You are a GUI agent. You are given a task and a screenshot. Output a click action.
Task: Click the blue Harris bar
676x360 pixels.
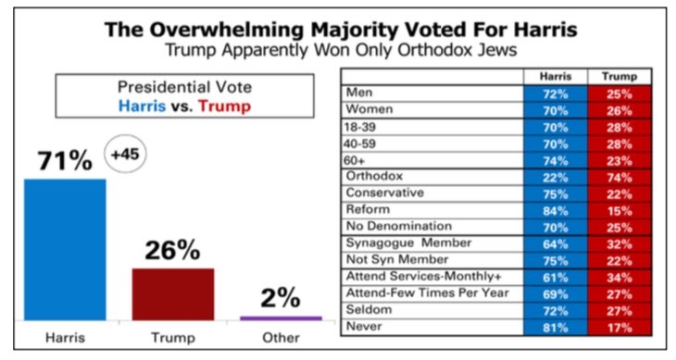65,249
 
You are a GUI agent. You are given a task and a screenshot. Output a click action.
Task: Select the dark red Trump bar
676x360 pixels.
173,293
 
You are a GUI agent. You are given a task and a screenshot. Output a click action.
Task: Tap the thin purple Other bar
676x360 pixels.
281,317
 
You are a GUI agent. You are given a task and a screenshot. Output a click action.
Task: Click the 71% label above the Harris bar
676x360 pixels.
65,160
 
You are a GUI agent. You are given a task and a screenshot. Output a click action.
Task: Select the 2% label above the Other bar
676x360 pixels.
281,297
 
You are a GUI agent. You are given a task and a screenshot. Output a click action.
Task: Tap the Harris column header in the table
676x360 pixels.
554,76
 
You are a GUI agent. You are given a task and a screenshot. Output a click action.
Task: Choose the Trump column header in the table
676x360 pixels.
619,76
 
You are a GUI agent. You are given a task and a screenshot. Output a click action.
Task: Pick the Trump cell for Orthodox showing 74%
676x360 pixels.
619,176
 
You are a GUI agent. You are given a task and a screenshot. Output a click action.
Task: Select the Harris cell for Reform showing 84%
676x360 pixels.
554,209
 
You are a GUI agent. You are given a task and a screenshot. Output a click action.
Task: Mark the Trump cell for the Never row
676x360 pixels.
619,325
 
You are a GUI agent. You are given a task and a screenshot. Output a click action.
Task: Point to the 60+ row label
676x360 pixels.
355,159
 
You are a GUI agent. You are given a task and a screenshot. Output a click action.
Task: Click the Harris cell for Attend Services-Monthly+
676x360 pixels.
554,276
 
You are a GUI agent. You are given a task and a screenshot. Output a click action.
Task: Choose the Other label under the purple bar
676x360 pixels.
281,337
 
